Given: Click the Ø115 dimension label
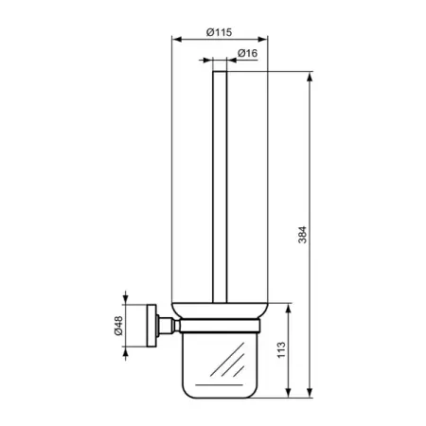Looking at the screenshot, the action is [219, 32].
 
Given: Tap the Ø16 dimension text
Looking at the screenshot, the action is [247, 53].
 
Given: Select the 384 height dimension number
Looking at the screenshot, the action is [302, 235].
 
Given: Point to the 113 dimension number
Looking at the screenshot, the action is [281, 349].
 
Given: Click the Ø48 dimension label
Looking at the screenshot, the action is [118, 326].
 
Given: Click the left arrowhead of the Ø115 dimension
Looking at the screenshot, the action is [177, 39].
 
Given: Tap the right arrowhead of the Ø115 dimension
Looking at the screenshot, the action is [262, 39].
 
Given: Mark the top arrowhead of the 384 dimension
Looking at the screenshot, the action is [310, 78].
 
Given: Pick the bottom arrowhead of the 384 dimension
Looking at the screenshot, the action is [310, 392].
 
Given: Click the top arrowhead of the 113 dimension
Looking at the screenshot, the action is [288, 310].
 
